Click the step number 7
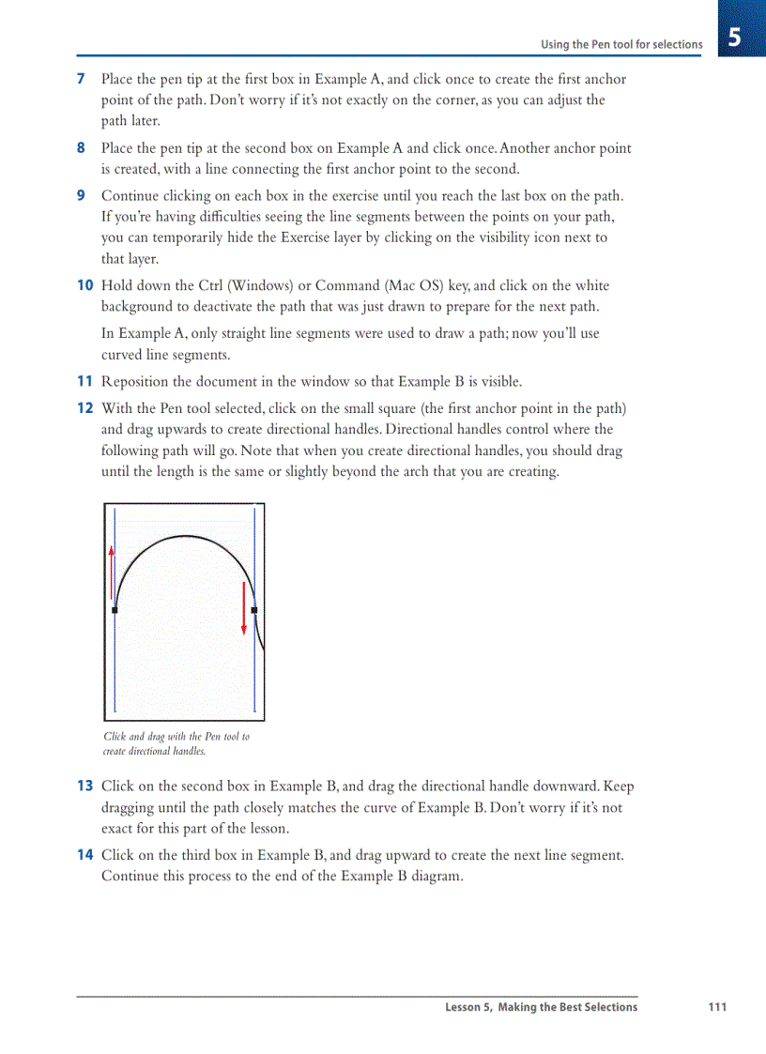81,80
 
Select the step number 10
84,286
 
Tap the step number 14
84,856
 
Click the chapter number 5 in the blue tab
735,38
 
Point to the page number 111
717,1008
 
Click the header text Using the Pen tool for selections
620,44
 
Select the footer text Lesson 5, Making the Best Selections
541,1008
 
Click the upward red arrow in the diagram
113,573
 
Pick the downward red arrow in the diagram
244,608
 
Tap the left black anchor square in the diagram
115,610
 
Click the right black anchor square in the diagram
254,610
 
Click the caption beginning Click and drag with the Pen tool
176,743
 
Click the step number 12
84,408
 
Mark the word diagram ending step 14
437,878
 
